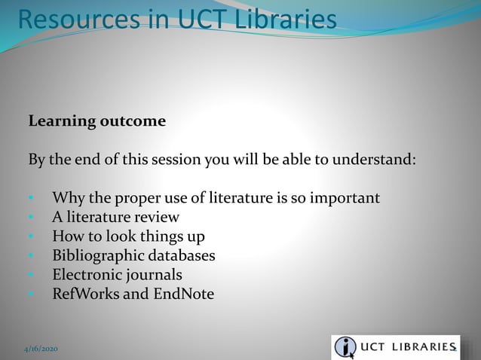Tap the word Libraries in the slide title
[279, 20]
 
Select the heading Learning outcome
[97, 121]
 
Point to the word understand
[376, 160]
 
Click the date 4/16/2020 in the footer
[39, 349]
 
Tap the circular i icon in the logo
[346, 347]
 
